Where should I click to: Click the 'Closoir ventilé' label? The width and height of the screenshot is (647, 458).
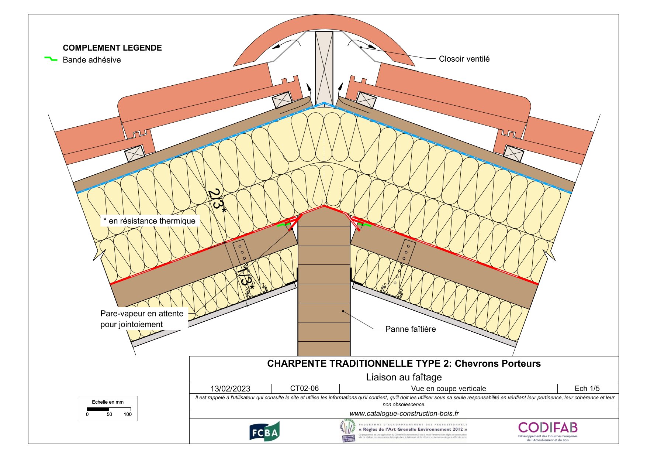464,59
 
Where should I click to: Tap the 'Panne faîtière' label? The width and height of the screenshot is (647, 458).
410,329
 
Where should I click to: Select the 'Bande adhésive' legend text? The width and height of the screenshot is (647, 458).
91,60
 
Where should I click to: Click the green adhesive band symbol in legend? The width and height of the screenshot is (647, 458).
51,59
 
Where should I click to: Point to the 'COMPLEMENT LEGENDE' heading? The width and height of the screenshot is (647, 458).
112,48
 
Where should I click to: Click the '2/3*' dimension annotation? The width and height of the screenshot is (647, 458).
217,201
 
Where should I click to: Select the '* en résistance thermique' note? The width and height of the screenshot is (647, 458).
149,221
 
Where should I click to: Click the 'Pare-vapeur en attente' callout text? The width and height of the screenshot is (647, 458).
142,314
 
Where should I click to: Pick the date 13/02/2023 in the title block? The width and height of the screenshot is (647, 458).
230,389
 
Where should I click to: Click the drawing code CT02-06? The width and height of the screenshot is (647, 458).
304,388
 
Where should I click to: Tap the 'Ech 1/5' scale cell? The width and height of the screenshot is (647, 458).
587,389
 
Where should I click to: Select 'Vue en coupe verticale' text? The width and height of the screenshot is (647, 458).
448,389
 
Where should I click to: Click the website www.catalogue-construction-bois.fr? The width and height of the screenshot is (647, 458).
404,413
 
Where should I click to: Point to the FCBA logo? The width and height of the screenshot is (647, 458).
264,431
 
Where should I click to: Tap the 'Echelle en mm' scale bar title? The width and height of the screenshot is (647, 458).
108,402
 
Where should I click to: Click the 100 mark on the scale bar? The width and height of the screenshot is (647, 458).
128,414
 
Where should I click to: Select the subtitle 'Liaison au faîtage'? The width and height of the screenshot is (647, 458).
404,377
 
